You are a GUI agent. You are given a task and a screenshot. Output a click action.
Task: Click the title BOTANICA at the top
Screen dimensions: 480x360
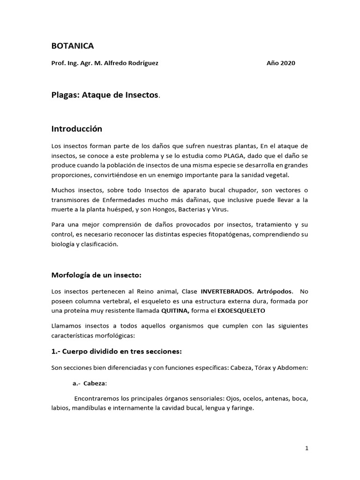tap(72, 45)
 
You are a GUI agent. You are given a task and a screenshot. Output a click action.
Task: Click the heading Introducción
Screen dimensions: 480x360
tap(76, 128)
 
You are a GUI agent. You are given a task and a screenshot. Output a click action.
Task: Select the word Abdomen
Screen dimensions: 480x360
tap(293, 367)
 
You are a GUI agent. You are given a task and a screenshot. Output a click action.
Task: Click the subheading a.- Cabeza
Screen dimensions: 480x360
tap(90, 383)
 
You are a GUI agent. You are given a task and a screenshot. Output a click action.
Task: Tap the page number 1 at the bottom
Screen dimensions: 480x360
tap(307, 449)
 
